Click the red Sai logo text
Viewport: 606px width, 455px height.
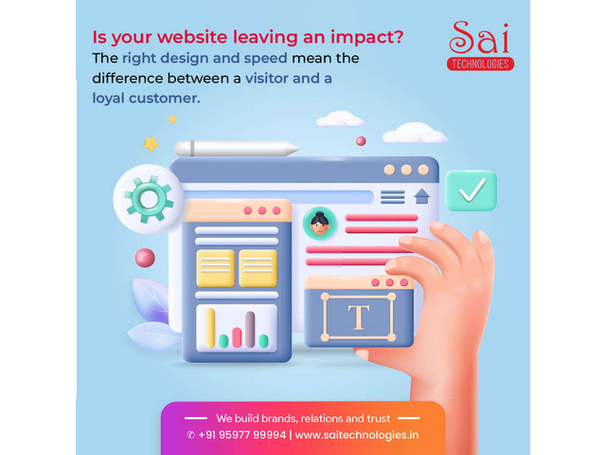click(x=479, y=37)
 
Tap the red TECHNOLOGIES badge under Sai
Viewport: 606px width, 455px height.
click(x=480, y=64)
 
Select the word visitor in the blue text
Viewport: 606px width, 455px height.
click(x=266, y=78)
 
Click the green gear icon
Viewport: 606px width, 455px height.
click(x=149, y=199)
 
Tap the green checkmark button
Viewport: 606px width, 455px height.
click(x=471, y=191)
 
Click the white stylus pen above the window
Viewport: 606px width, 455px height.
click(x=237, y=148)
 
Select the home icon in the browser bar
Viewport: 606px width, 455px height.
click(x=421, y=196)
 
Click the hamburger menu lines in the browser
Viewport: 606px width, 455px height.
click(x=393, y=197)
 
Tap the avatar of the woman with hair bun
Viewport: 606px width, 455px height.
click(x=320, y=224)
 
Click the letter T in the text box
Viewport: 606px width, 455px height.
click(x=359, y=318)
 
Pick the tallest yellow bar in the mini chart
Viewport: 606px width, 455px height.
click(x=210, y=328)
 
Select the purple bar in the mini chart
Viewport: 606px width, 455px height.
click(x=250, y=329)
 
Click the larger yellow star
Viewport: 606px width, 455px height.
click(x=151, y=144)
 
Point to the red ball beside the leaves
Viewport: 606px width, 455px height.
click(x=145, y=258)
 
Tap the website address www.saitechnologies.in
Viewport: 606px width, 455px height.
click(x=357, y=435)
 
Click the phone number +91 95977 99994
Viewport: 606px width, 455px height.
click(x=242, y=435)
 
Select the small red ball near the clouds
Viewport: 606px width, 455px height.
click(x=361, y=141)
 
